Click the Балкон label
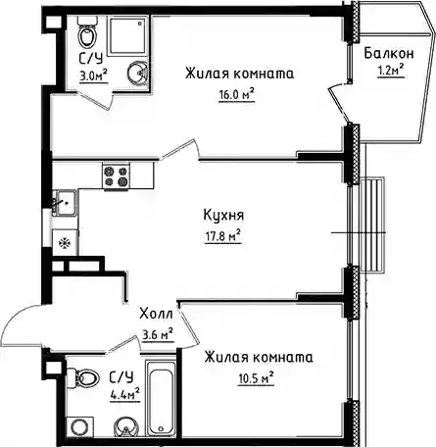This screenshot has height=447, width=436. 389,53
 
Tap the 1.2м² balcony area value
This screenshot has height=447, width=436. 391,70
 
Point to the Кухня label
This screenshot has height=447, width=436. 223,216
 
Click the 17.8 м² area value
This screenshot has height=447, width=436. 223,236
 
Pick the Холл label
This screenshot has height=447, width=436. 156,314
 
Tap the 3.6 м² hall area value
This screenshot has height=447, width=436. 158,334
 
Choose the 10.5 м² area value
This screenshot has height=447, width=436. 256,378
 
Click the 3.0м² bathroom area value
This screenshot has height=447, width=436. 94,75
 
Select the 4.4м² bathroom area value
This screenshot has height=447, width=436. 125,394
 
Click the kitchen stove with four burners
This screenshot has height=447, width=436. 116,175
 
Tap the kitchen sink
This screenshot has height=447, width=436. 67,203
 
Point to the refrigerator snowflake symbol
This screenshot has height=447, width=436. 65,243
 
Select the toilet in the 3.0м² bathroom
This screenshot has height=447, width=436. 87,31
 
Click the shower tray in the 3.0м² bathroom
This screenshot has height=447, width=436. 126,36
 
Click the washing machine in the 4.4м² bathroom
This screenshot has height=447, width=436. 79,426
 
